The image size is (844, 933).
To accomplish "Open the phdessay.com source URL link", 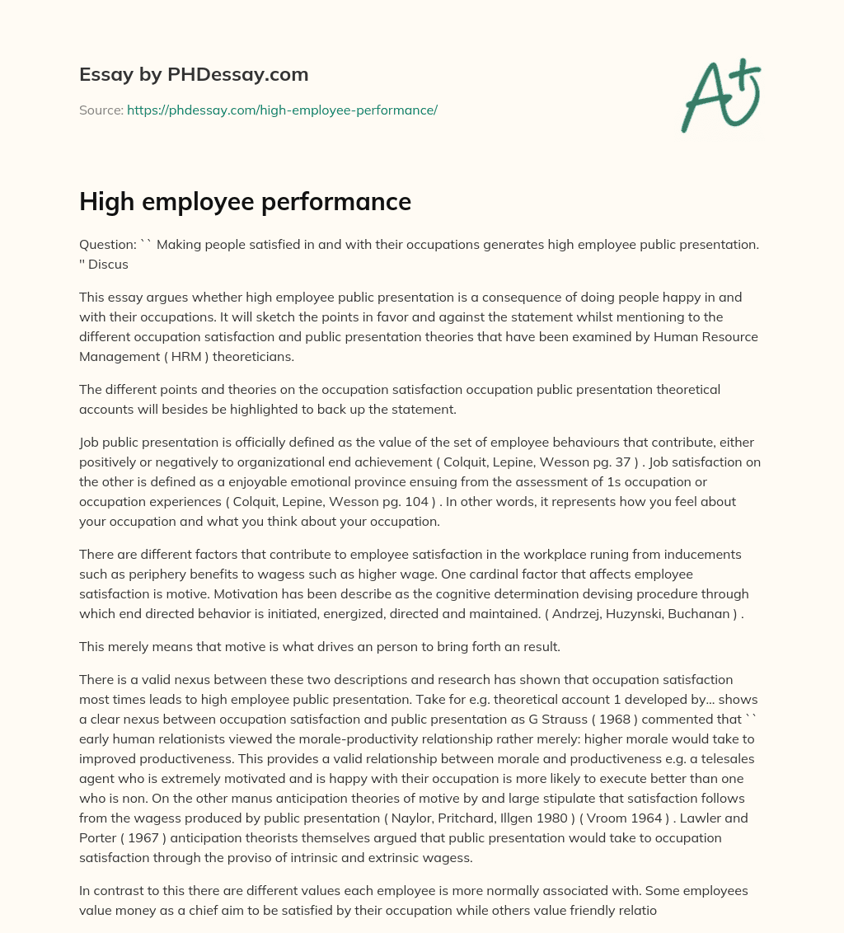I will pos(282,110).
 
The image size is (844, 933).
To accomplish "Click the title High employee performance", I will pos(245,202).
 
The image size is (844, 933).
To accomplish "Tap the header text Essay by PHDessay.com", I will pos(194,75).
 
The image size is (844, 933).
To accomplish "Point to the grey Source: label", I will pos(101,110).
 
